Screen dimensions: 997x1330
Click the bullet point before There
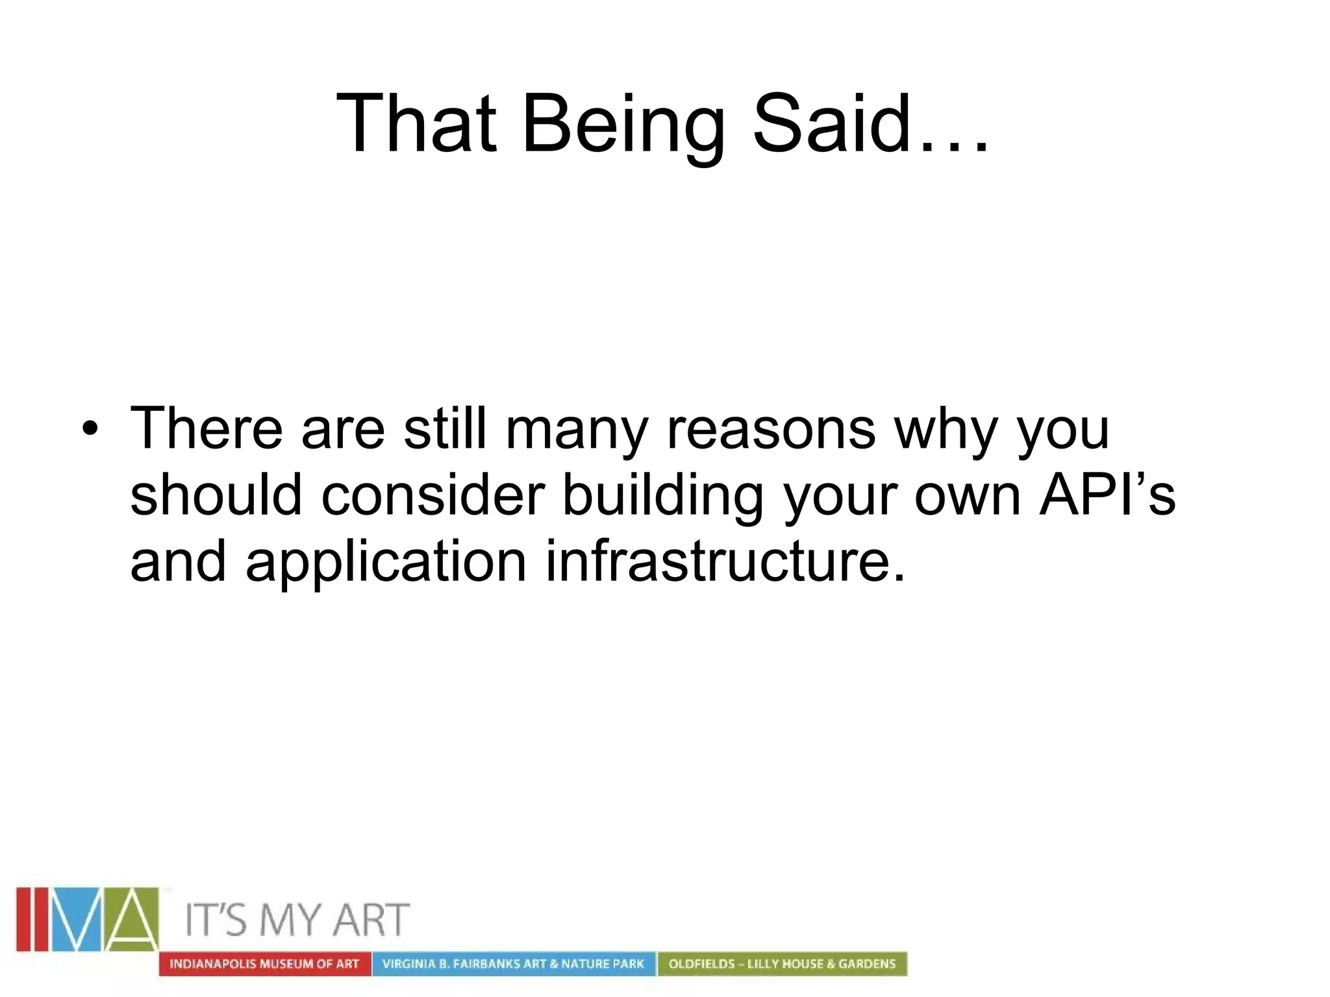(x=90, y=429)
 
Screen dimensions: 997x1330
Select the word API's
(x=1107, y=495)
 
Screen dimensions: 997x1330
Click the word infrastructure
(x=725, y=561)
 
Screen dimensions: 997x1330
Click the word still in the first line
(x=445, y=429)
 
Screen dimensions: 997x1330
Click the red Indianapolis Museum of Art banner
(x=264, y=964)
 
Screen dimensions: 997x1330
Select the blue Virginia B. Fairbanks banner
(x=513, y=964)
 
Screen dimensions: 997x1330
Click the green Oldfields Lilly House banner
(x=782, y=964)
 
